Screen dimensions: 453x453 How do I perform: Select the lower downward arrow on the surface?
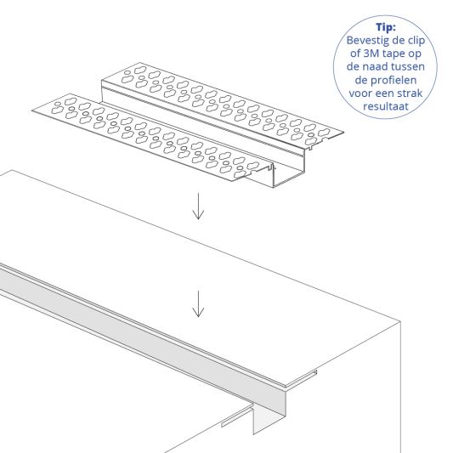198,303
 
